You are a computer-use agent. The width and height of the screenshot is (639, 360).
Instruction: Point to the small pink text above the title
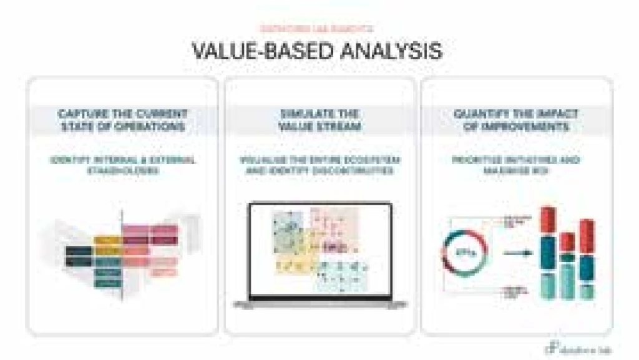click(x=318, y=28)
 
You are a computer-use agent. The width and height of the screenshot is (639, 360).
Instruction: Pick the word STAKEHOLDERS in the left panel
click(x=122, y=170)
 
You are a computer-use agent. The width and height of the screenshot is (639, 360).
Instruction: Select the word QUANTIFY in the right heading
click(x=480, y=114)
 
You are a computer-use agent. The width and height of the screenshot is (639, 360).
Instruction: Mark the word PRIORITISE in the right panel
click(x=478, y=160)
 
